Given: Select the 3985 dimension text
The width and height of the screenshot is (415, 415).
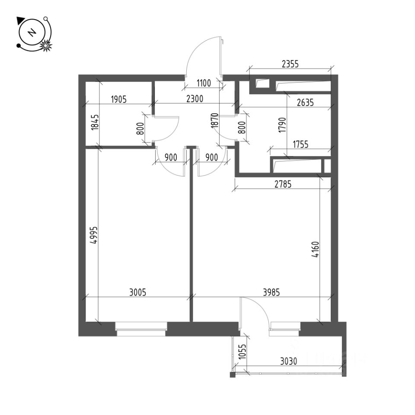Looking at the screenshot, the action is coord(271,292).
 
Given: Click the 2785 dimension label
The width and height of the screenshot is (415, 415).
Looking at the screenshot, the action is coord(283,184).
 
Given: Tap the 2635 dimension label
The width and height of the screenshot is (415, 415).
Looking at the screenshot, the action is coord(305,103).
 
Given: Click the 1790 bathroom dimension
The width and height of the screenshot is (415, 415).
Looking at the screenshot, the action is coord(282,125).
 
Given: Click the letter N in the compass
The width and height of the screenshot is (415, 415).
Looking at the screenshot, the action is coord(32,33).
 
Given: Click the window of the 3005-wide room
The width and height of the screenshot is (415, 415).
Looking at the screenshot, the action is coord(141,330).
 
